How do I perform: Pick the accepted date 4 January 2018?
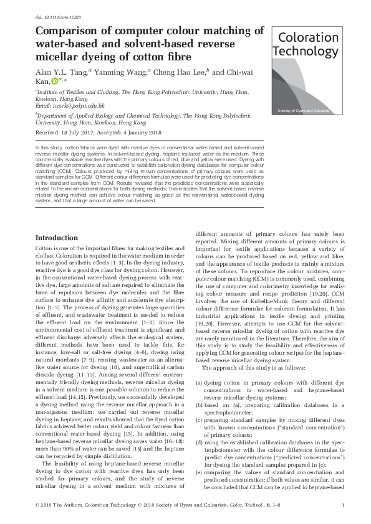pos(142,133)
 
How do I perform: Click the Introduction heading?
pos(57,238)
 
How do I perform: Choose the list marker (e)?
pos(199,472)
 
